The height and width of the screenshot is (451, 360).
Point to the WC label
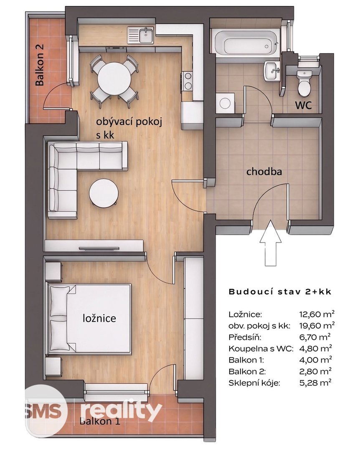303,105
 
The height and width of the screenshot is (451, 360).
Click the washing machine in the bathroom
226,102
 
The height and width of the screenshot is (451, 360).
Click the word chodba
264,172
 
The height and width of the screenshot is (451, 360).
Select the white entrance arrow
270,243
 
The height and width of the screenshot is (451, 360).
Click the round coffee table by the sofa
104,193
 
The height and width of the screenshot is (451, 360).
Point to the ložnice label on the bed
99,318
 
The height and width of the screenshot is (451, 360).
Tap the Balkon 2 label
40,65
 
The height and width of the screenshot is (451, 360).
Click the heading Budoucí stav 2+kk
280,291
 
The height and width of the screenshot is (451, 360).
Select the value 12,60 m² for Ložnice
317,314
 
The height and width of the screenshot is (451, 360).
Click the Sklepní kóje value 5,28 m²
315,383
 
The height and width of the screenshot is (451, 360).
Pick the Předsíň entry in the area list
245,337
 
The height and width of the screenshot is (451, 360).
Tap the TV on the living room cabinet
95,248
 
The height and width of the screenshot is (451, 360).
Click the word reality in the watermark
121,410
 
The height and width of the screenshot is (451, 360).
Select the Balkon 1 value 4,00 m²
315,360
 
